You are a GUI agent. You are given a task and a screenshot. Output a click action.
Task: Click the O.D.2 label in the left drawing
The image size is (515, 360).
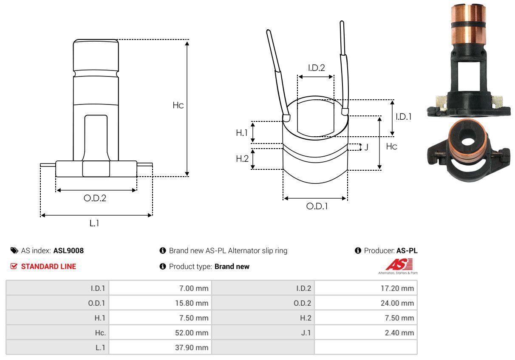94,198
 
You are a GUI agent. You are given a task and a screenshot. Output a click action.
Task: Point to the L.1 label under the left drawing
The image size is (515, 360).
94,223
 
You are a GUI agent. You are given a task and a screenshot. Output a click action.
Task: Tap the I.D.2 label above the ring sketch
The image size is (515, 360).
316,67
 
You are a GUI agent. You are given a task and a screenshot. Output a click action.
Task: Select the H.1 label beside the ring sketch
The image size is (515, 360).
242,133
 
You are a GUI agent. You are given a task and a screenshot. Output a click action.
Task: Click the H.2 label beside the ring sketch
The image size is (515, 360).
242,159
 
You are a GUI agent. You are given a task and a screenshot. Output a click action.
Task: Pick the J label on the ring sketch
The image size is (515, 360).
366,148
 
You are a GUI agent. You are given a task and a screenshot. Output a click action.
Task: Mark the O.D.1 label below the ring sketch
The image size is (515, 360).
317,206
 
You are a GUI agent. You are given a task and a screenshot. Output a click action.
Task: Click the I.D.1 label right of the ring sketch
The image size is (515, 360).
403,116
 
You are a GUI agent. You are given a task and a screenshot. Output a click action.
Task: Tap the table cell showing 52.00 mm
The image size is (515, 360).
192,333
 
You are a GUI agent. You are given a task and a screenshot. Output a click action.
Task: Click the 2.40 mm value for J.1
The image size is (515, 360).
399,333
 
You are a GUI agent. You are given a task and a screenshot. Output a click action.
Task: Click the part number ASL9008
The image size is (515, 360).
68,250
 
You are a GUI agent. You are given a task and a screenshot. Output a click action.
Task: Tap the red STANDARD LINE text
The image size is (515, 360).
48,267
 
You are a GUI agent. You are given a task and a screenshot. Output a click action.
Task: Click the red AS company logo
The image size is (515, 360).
399,265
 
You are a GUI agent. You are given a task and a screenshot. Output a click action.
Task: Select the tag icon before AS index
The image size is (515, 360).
14,250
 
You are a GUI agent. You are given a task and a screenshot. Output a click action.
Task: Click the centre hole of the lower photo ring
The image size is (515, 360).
468,142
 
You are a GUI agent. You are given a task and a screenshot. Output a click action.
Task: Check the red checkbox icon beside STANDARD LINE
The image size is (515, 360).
14,267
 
